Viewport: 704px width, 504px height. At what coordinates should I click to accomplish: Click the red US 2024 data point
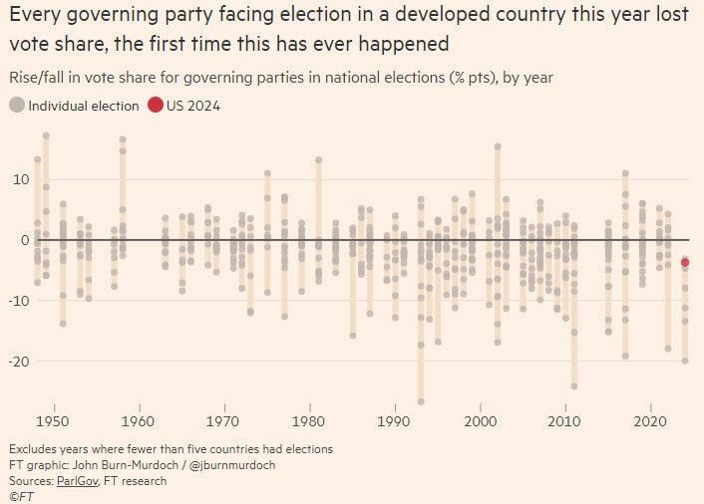coord(685,262)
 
